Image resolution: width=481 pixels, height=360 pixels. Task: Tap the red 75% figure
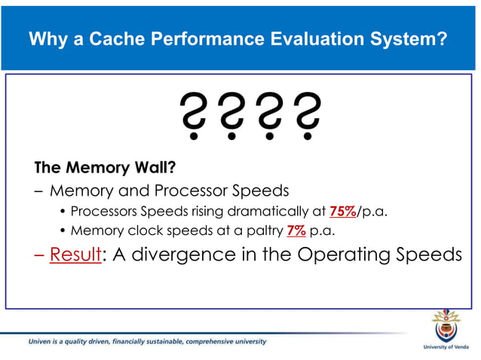(342, 210)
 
